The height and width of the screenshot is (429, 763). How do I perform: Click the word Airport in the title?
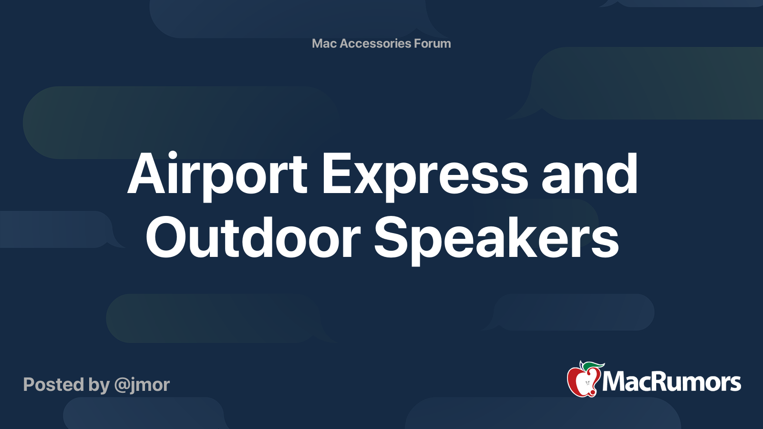tap(217, 176)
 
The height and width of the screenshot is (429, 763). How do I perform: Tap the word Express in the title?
tap(424, 176)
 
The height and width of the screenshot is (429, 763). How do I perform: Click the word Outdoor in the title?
tap(253, 237)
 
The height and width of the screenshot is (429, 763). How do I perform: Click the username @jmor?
tap(142, 385)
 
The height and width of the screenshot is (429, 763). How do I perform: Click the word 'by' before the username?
tap(99, 386)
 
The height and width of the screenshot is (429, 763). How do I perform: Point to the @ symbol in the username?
tap(124, 386)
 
